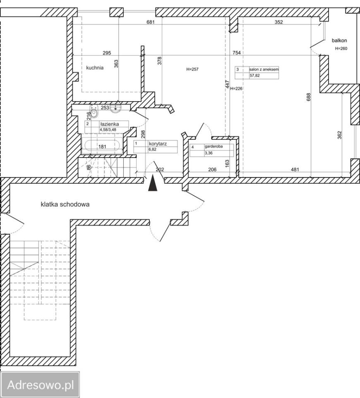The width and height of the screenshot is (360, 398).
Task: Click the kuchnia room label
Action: point(95,68)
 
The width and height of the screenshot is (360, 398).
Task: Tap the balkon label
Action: point(339,40)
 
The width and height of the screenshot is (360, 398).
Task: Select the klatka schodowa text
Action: point(65,204)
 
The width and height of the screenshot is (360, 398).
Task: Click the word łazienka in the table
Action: point(109,124)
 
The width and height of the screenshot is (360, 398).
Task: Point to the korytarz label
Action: point(158,144)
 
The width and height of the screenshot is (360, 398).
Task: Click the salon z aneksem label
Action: point(264,69)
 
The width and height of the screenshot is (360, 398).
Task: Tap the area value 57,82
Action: point(254,75)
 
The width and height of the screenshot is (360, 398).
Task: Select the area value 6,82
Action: point(153,150)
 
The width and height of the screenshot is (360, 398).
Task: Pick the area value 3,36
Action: point(209,153)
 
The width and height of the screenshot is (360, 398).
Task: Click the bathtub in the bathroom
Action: point(102,146)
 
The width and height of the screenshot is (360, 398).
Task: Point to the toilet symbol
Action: point(94,112)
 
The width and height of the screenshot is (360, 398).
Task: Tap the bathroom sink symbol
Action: point(116,108)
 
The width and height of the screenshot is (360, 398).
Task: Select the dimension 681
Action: point(151,22)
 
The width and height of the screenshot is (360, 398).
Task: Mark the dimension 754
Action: point(237,53)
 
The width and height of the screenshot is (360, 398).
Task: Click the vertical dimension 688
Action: point(308,97)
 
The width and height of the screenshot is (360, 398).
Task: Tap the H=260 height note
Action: point(341,49)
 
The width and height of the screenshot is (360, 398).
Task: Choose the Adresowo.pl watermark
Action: point(41,385)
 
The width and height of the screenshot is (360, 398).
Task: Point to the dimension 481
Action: point(295,169)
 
